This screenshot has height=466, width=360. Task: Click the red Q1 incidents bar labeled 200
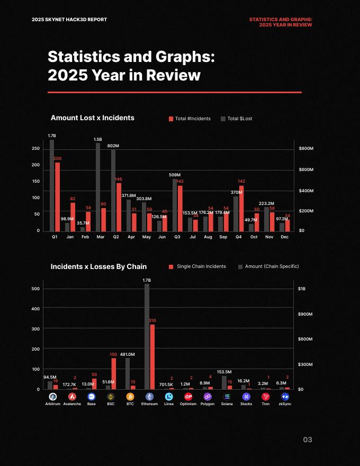pyautogui.click(x=57, y=196)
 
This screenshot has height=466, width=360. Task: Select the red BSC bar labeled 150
pyautogui.click(x=113, y=373)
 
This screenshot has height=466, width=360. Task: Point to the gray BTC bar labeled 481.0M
pyautogui.click(x=128, y=373)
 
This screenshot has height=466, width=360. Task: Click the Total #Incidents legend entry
pyautogui.click(x=190, y=119)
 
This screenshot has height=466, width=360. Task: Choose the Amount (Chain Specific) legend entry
pyautogui.click(x=268, y=266)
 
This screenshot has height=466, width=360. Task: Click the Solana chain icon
pyautogui.click(x=227, y=397)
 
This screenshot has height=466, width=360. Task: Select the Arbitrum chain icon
pyautogui.click(x=53, y=397)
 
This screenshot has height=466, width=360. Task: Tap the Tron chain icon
pyautogui.click(x=266, y=397)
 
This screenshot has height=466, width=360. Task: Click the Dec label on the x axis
pyautogui.click(x=285, y=237)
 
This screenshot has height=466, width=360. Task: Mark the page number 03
pyautogui.click(x=308, y=440)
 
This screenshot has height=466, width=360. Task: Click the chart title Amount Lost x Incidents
pyautogui.click(x=92, y=118)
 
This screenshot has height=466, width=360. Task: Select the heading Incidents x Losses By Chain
pyautogui.click(x=98, y=266)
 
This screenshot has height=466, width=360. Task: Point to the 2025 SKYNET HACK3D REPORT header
pyautogui.click(x=69, y=20)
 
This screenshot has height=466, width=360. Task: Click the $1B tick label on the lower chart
pyautogui.click(x=302, y=289)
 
